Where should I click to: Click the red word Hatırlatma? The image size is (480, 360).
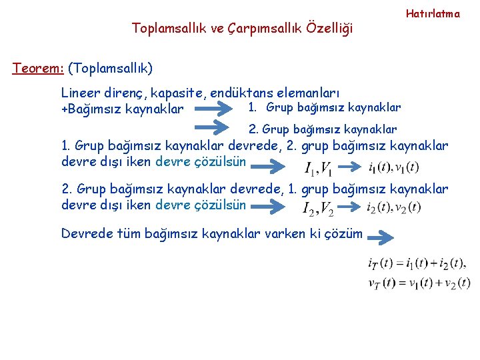(x=433, y=13)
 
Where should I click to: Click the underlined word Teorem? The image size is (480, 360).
(x=37, y=68)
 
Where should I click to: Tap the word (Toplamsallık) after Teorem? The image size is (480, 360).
(x=110, y=68)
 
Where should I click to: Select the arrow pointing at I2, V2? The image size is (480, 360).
(x=270, y=207)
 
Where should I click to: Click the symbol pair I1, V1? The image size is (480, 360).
(x=319, y=168)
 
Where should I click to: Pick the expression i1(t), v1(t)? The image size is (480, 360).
(x=393, y=167)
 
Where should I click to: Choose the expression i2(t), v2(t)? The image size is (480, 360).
(x=393, y=207)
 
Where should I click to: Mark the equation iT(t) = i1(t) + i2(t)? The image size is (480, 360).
(x=417, y=263)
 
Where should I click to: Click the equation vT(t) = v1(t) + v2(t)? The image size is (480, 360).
(x=419, y=282)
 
